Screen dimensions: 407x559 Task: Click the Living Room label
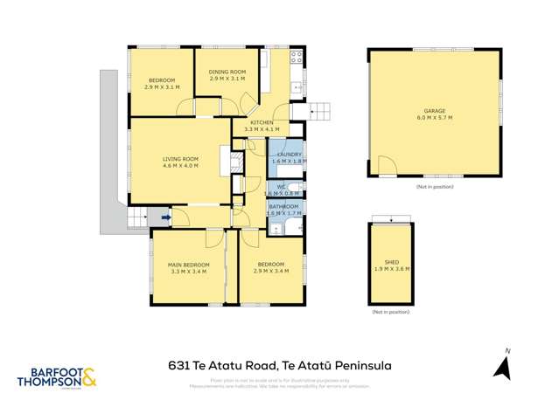(180, 159)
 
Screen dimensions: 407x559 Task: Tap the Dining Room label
(227, 72)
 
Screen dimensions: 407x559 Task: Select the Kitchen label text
(262, 123)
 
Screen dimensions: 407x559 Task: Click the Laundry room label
(286, 155)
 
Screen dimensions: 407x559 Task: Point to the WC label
(282, 186)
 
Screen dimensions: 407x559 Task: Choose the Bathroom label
(284, 206)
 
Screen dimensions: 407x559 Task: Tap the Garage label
(435, 112)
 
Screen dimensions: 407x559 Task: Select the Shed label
(391, 261)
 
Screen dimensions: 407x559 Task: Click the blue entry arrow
(167, 218)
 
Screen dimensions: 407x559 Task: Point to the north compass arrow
(503, 367)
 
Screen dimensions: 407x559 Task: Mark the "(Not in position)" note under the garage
(435, 187)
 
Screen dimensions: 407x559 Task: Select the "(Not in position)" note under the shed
(390, 312)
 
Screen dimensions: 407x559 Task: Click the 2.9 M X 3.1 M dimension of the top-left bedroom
(161, 87)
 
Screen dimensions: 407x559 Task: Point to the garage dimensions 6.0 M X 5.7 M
(435, 120)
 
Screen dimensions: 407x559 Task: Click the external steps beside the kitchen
(319, 110)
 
